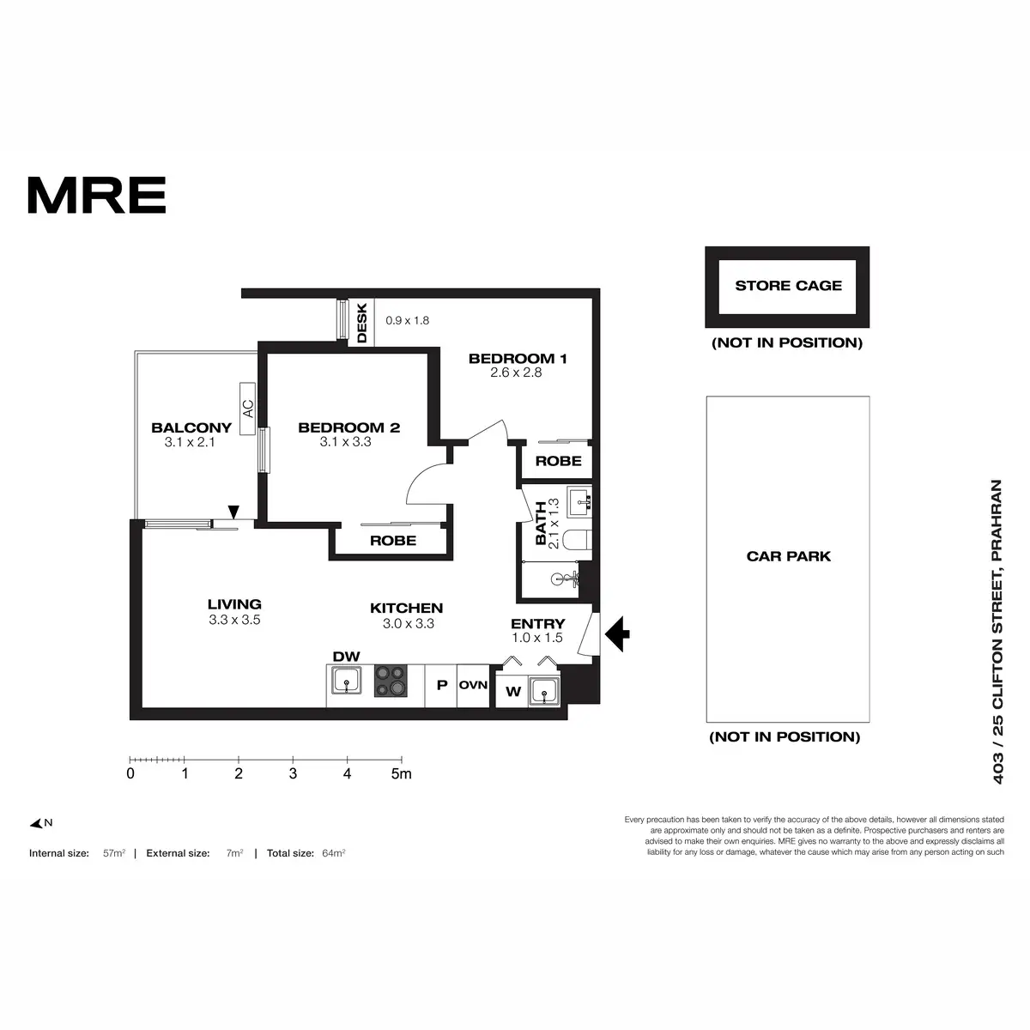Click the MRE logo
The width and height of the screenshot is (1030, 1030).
(97, 196)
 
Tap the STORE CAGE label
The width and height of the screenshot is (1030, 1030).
(788, 286)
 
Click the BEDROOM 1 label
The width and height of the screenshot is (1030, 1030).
(517, 359)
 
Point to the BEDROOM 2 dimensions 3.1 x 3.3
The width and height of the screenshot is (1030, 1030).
(345, 442)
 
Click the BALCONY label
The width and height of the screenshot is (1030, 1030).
(191, 427)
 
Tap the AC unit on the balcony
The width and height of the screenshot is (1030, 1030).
(248, 408)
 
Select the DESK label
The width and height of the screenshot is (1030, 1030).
(361, 323)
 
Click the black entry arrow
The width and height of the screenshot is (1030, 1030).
(617, 634)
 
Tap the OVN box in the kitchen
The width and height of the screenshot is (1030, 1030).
(473, 685)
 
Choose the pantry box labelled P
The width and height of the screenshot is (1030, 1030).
(442, 685)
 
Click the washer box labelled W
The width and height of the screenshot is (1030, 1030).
(513, 692)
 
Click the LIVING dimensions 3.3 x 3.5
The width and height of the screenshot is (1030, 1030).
(234, 620)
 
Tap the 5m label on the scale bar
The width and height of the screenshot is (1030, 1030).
(401, 773)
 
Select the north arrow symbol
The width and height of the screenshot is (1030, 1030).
(38, 824)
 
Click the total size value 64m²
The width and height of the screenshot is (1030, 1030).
(333, 853)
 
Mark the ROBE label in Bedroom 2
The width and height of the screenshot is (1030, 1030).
(393, 541)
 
